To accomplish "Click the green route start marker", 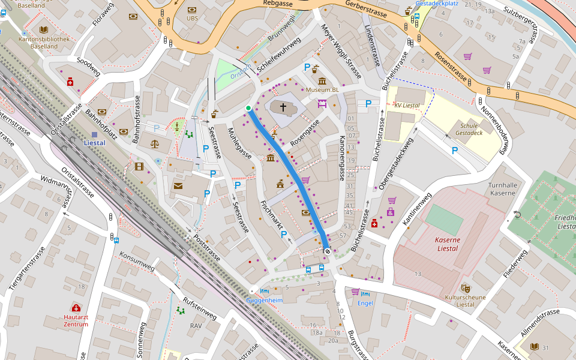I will coord(248,108).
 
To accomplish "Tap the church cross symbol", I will coord(283,108).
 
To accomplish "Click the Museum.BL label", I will coord(322,90).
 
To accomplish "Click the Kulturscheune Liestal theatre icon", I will coord(465,289).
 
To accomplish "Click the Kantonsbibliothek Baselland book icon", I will coord(43,29).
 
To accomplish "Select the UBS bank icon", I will coord(192,10).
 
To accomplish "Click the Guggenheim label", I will coord(265,299).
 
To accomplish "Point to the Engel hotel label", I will coord(365,303).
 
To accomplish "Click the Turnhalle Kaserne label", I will coord(502,189).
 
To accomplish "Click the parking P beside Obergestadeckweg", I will coord(454,151).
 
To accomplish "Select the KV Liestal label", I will coord(407,105).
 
